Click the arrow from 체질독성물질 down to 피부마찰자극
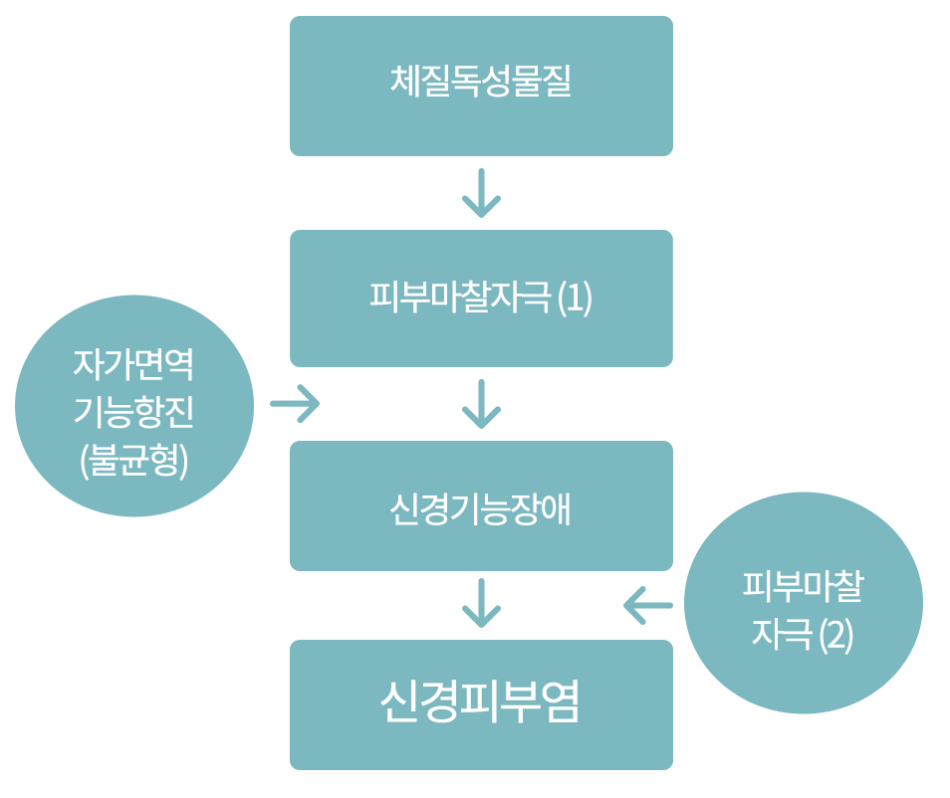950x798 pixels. [x=481, y=193]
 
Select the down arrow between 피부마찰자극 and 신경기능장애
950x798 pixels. [x=481, y=403]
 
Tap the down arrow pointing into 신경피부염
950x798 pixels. [x=481, y=603]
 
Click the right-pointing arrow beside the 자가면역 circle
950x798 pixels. [x=295, y=405]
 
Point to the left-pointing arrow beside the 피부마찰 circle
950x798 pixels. [x=648, y=604]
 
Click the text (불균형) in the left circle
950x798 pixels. [x=134, y=462]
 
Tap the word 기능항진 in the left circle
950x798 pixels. [x=134, y=412]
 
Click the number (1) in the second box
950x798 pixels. [x=575, y=299]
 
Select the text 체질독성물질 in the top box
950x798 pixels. [x=481, y=81]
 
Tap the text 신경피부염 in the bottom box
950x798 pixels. [x=481, y=702]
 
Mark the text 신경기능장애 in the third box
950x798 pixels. [x=481, y=507]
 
